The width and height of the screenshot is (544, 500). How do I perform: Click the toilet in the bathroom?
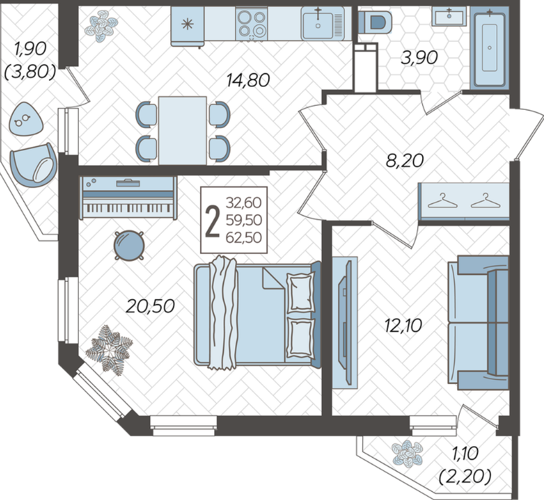[x=375, y=22]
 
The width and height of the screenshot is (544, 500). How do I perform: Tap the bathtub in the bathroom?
[x=489, y=48]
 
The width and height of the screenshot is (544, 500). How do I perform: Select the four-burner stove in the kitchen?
[x=251, y=24]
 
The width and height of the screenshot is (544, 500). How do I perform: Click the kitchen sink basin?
[x=322, y=24]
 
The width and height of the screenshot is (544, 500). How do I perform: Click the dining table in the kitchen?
[x=182, y=131]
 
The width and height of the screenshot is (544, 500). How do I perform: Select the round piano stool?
[x=129, y=245]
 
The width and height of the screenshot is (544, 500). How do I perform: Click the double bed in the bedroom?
[x=257, y=314]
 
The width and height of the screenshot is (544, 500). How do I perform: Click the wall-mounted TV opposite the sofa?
[x=345, y=322]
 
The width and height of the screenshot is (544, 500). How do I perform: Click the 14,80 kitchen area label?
[x=248, y=81]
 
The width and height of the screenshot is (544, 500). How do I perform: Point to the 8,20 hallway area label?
[x=405, y=161]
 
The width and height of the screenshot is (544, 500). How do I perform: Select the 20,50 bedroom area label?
[x=150, y=306]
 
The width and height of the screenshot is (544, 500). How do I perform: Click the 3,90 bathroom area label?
[x=419, y=58]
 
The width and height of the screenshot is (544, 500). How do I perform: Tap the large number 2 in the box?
[x=212, y=221]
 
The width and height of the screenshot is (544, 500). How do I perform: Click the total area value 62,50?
[x=244, y=238]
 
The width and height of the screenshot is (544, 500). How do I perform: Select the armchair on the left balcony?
[x=33, y=165]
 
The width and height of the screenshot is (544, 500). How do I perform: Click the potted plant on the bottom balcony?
[x=407, y=454]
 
